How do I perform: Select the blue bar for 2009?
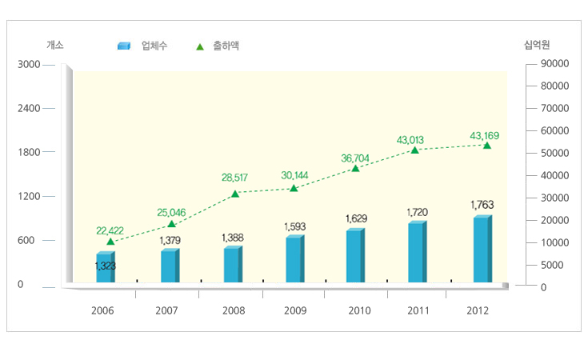point(294,260)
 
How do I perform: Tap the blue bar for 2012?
point(482,250)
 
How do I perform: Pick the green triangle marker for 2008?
point(234,194)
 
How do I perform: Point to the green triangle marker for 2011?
point(414,150)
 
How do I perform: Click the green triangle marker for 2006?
point(110,241)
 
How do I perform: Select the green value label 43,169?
point(485,135)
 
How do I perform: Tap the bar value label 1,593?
point(294,227)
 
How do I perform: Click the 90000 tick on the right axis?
point(554,63)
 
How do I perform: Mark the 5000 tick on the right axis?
point(552,265)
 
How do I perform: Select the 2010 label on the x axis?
point(360,310)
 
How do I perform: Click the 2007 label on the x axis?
point(166,310)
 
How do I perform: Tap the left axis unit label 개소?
point(55,46)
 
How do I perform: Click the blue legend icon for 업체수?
point(123,46)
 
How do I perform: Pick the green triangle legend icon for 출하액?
point(200,46)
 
